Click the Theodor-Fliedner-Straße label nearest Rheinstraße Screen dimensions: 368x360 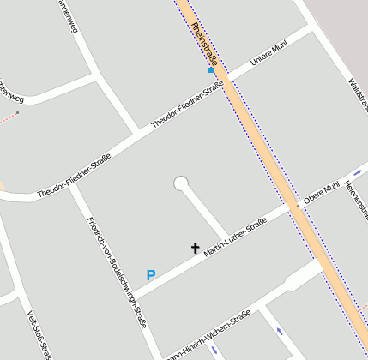click(187, 105)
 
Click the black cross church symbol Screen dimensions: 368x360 click(195, 249)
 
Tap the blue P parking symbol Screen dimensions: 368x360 click(151, 276)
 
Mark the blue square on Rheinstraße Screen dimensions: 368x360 click(211, 70)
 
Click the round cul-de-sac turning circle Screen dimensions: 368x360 click(181, 183)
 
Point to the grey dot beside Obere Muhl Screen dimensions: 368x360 click(298, 207)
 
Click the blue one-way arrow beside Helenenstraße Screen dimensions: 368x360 click(357, 172)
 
